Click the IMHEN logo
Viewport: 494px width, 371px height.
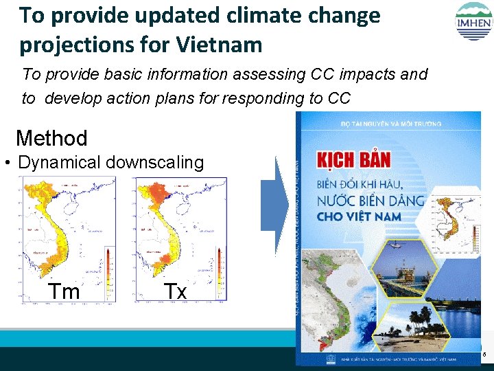pyautogui.click(x=473, y=22)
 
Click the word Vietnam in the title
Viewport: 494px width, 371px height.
pyautogui.click(x=219, y=45)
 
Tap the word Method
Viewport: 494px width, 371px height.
pyautogui.click(x=51, y=138)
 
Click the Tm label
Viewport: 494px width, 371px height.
pyautogui.click(x=64, y=291)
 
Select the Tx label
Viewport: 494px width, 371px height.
pyautogui.click(x=175, y=291)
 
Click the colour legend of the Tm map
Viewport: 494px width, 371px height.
pyautogui.click(x=108, y=271)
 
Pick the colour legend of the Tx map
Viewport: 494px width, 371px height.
pyautogui.click(x=219, y=271)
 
